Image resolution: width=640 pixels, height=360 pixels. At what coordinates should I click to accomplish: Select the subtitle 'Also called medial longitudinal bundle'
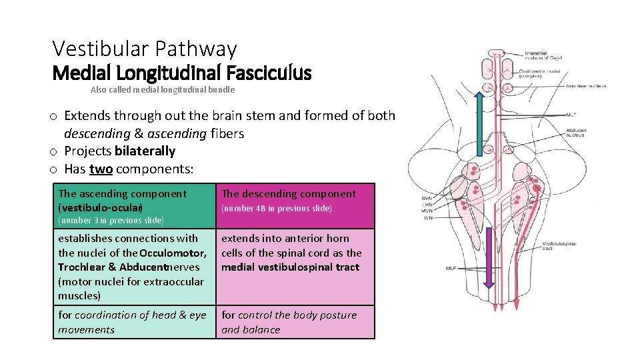click(x=163, y=89)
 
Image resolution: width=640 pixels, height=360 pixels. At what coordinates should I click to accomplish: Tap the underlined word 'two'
click(x=101, y=169)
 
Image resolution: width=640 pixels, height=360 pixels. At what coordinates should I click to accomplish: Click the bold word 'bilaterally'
click(x=145, y=151)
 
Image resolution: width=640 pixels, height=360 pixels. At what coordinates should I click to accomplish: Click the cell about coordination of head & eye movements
click(x=133, y=322)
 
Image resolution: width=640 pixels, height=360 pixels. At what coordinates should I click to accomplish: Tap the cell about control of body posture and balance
click(x=295, y=322)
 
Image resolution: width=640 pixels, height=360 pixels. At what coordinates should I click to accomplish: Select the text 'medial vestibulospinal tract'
click(x=290, y=267)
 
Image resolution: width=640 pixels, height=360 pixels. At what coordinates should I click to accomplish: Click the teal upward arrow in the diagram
click(x=478, y=119)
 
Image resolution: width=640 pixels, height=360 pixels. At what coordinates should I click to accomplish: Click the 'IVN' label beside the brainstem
click(x=427, y=217)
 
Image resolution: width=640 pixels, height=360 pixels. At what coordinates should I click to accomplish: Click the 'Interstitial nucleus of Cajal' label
click(x=543, y=55)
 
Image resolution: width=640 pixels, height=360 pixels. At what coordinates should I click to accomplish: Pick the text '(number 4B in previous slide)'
click(x=276, y=209)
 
